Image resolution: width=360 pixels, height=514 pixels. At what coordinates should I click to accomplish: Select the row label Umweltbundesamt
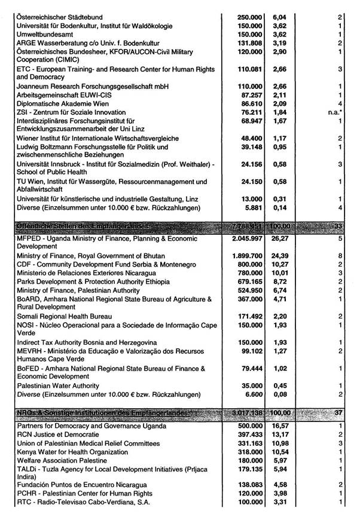click(44, 35)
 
